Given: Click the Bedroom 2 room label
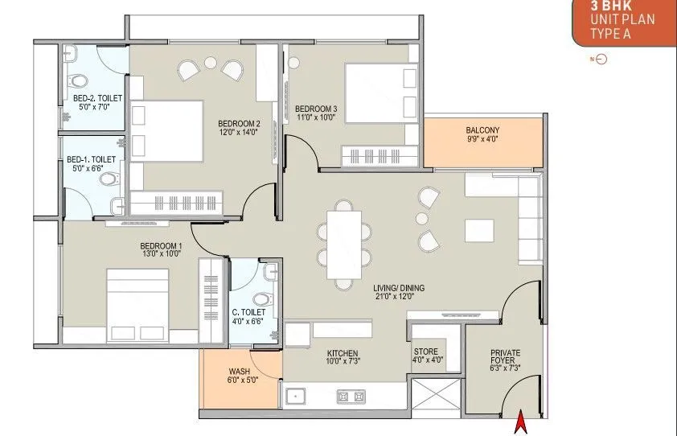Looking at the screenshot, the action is click(x=239, y=124).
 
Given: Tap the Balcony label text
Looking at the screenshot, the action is click(x=482, y=130).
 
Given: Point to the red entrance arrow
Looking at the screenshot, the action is click(x=521, y=422).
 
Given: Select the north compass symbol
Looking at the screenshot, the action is click(x=600, y=60).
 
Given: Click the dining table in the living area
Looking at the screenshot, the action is click(x=344, y=245).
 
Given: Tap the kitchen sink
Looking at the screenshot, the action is click(x=295, y=397).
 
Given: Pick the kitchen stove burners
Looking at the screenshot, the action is click(x=351, y=397).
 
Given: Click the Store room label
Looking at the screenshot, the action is click(x=425, y=352).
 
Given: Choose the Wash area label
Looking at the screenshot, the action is click(x=239, y=371).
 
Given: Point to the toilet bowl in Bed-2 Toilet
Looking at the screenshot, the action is click(x=78, y=80).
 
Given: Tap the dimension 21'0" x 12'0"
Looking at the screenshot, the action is click(x=395, y=296).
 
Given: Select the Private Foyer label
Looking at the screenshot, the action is click(x=505, y=356).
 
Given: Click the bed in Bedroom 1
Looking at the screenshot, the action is click(x=137, y=305).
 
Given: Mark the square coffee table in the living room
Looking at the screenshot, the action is click(x=479, y=231).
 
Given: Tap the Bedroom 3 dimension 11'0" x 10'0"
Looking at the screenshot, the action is click(x=316, y=117).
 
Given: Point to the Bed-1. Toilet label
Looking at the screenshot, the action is click(x=91, y=159).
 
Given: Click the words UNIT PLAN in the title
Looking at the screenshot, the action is click(x=622, y=19).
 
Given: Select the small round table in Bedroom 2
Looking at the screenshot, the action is click(x=211, y=63).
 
